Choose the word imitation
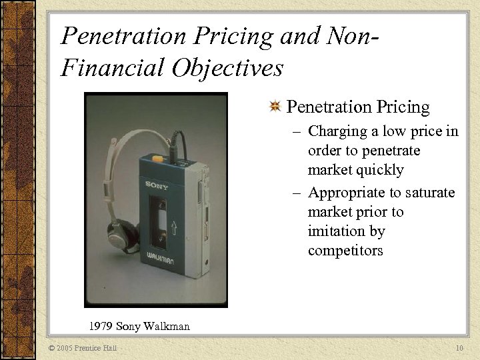(337, 231)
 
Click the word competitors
(345, 251)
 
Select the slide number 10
(459, 347)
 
